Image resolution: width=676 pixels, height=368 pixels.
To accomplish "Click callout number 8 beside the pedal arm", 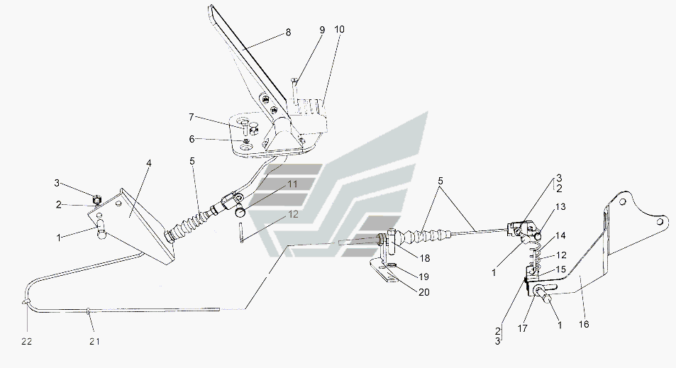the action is coord(288,33).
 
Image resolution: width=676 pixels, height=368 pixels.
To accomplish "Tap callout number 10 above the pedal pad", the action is coord(339,29).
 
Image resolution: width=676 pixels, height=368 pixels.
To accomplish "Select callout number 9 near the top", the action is coord(322,30).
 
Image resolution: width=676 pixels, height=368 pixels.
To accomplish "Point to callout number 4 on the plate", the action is coord(149,163).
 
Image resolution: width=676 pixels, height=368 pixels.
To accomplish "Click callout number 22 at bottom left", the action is coord(27,341).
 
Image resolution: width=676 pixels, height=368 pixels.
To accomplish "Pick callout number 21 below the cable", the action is coord(95,341).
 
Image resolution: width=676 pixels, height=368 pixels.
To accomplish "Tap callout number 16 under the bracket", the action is coord(583,324).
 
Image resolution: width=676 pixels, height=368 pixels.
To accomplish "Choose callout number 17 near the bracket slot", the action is coord(523,328).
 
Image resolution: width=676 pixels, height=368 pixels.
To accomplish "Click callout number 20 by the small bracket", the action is coord(424,292).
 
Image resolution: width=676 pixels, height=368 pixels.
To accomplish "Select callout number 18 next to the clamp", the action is coord(425,258).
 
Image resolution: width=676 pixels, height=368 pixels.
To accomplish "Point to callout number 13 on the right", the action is coord(560,207).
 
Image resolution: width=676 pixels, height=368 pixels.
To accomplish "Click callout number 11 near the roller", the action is coord(293,184).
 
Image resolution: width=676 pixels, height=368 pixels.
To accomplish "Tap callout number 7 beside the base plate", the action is coord(192,117).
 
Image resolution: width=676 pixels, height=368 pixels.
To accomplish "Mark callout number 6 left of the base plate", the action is coord(192,139).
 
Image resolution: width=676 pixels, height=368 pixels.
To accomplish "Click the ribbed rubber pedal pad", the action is coord(307,114).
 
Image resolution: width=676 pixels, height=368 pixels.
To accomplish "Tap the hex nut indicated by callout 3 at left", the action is coord(96,199).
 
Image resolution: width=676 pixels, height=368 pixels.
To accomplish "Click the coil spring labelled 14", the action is coord(535,256).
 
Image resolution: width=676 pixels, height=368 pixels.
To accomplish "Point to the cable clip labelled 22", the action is coord(26,301).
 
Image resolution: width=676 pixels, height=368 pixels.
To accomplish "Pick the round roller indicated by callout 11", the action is coord(240,211).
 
